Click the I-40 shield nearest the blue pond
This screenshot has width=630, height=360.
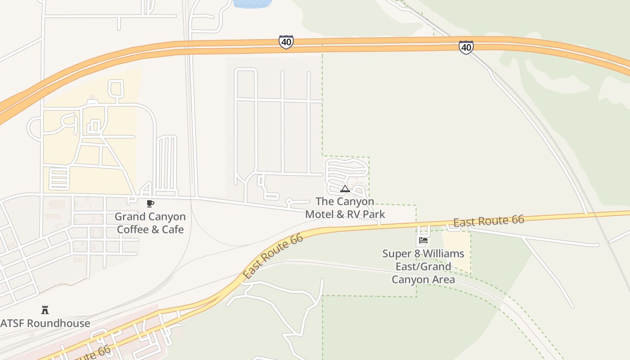pyautogui.click(x=286, y=42)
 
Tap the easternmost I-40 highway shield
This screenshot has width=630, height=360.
pyautogui.click(x=466, y=47)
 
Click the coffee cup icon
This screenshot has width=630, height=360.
pyautogui.click(x=150, y=204)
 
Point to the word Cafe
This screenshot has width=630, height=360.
pyautogui.click(x=173, y=229)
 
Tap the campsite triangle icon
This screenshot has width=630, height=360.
pyautogui.click(x=345, y=189)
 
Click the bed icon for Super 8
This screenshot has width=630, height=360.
pyautogui.click(x=423, y=240)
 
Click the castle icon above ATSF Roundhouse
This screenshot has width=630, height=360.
pyautogui.click(x=45, y=310)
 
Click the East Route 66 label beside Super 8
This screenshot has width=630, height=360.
pyautogui.click(x=488, y=221)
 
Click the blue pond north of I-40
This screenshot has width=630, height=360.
pyautogui.click(x=252, y=4)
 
